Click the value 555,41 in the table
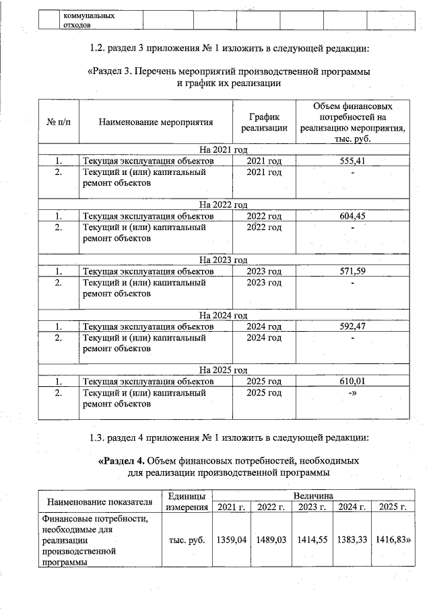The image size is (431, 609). pyautogui.click(x=353, y=161)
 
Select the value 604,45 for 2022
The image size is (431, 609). pyautogui.click(x=353, y=216)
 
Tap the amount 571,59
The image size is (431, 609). pyautogui.click(x=353, y=271)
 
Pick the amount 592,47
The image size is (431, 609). pyautogui.click(x=353, y=326)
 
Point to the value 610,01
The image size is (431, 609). pyautogui.click(x=353, y=382)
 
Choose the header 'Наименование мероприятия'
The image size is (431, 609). pyautogui.click(x=156, y=122)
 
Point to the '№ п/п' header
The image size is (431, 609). pyautogui.click(x=58, y=122)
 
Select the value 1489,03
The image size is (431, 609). pyautogui.click(x=271, y=540)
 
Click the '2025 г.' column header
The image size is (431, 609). pyautogui.click(x=393, y=507)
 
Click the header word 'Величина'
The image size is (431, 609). pyautogui.click(x=312, y=495)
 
